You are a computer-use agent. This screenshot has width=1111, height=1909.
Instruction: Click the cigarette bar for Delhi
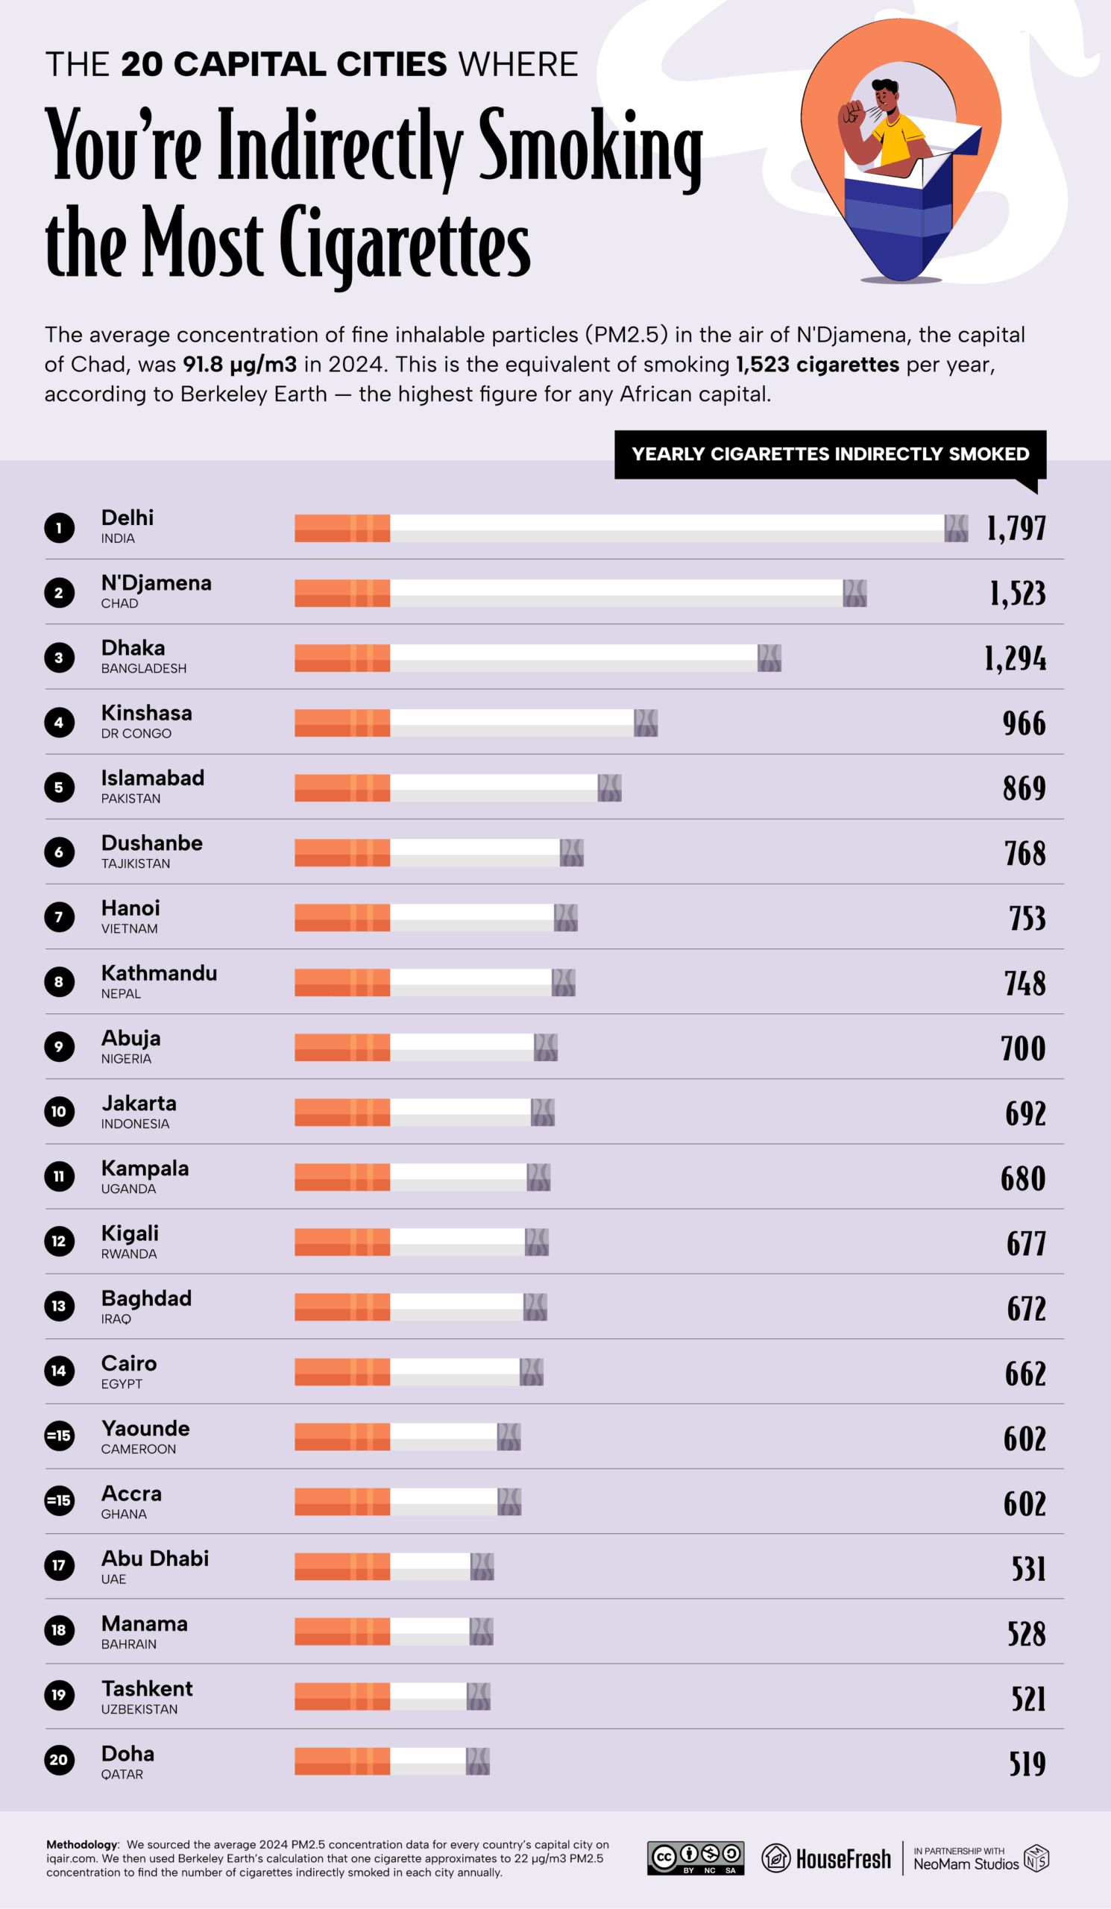(x=630, y=528)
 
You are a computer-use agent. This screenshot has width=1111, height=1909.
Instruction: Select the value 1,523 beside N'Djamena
(x=1017, y=593)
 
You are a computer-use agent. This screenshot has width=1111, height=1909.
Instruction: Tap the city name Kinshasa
(x=146, y=713)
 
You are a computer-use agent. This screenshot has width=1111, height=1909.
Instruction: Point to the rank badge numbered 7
(x=59, y=917)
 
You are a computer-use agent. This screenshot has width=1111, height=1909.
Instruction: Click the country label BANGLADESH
(x=143, y=668)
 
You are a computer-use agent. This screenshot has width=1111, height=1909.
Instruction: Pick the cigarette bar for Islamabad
(x=457, y=788)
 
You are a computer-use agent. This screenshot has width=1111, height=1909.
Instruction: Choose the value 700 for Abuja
(x=1022, y=1048)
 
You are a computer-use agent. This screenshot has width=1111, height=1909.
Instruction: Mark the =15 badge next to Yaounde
(x=59, y=1435)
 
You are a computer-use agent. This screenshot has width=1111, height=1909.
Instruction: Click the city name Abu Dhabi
(x=154, y=1559)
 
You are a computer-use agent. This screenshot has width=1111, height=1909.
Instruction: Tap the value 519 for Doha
(x=1026, y=1764)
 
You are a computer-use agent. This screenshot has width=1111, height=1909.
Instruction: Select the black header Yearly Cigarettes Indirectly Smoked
(x=830, y=454)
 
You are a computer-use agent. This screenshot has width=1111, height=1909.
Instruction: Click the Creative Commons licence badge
(x=695, y=1858)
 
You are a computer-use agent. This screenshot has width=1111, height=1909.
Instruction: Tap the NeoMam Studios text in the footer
(x=966, y=1864)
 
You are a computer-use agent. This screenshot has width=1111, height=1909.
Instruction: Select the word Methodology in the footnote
(x=83, y=1845)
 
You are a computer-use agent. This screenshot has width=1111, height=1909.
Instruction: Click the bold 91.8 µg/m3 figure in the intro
(x=239, y=365)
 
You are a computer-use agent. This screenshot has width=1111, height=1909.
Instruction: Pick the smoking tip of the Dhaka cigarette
(x=769, y=658)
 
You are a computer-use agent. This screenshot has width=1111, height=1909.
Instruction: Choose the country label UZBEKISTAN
(x=139, y=1709)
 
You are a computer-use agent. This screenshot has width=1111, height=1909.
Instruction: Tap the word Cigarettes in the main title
(x=405, y=242)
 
